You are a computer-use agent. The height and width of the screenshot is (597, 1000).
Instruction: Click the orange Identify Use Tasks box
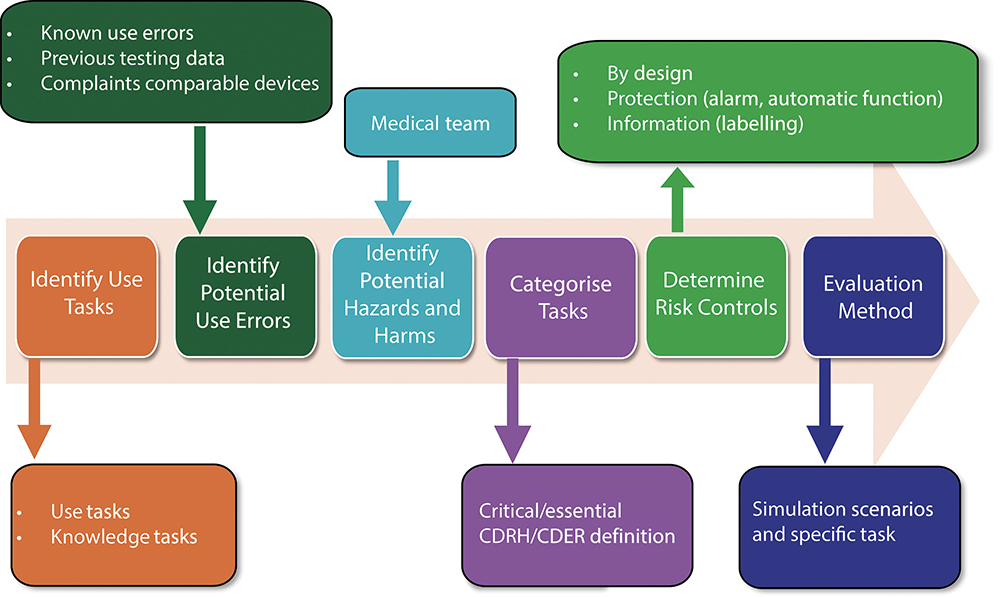pos(87,296)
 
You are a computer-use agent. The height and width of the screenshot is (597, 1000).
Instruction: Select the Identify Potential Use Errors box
pos(246,296)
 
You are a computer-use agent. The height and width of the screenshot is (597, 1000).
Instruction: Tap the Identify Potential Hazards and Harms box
pos(402,297)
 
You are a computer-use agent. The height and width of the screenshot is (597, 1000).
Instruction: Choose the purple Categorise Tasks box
pos(561,297)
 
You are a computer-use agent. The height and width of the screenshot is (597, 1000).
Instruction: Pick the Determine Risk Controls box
pos(716,296)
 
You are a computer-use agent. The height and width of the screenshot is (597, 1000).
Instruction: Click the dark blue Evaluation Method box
pos(873,296)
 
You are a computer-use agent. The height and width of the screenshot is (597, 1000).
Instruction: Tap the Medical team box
pos(430,122)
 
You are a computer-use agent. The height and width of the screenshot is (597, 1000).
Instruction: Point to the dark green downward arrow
pos(200,180)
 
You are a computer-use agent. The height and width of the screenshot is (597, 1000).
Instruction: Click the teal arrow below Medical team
pos(393,198)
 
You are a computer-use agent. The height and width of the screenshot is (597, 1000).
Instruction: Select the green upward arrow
pos(677,200)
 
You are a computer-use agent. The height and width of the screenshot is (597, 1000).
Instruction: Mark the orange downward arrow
pos(34,408)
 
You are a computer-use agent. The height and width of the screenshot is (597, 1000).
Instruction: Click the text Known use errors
pos(117,33)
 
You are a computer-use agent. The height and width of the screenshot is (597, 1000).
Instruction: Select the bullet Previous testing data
pos(133,58)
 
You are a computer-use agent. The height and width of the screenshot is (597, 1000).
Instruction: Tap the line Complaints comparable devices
pos(180,83)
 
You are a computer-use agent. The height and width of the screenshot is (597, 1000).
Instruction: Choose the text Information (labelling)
pos(705,124)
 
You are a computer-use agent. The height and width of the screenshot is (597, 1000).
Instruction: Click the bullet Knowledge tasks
pos(124,537)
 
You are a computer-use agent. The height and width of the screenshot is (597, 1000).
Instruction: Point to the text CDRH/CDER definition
pos(577,536)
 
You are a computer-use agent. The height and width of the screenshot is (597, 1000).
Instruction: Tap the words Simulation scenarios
pos(842,509)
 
